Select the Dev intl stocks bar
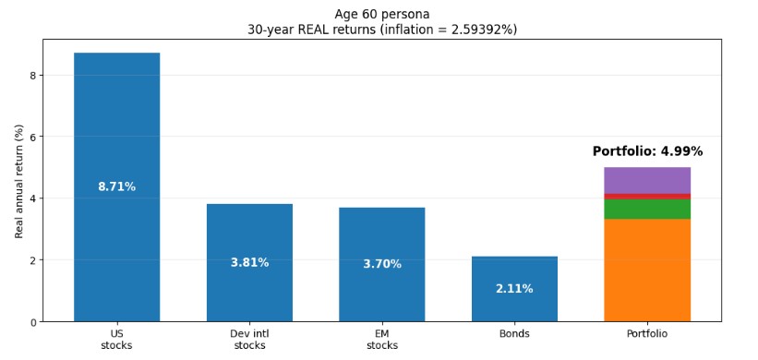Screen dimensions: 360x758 click(x=249, y=231)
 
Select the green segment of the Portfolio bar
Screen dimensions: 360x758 click(x=647, y=209)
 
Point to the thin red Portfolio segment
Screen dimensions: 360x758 click(x=647, y=196)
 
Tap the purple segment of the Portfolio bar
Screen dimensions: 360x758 click(x=647, y=180)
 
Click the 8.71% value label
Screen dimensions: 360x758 click(x=116, y=187)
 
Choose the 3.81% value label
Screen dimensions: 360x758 click(x=249, y=263)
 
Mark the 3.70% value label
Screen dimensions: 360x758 click(x=381, y=264)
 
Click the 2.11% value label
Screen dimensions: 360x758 click(x=514, y=289)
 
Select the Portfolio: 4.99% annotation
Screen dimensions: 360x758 click(x=647, y=151)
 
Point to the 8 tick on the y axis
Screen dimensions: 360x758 click(x=32, y=76)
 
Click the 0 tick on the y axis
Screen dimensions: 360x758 click(x=32, y=322)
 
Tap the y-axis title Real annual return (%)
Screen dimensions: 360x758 click(x=18, y=182)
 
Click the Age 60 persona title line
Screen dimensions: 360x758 click(x=381, y=14)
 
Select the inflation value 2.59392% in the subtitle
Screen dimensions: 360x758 click(x=479, y=29)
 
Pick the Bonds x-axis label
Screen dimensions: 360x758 click(x=514, y=333)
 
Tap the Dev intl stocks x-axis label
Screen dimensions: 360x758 click(x=249, y=339)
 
